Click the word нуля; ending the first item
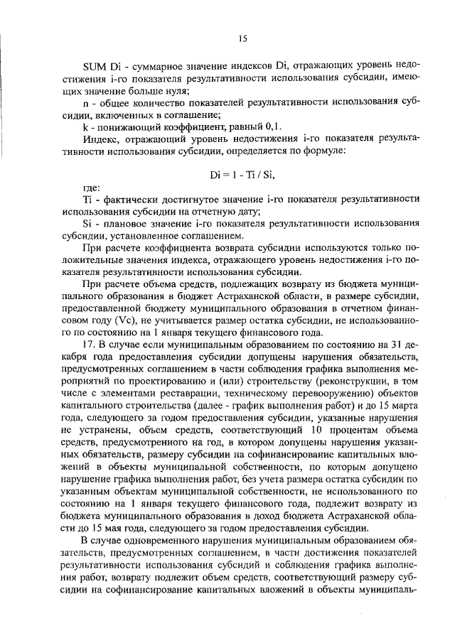(173, 90)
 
